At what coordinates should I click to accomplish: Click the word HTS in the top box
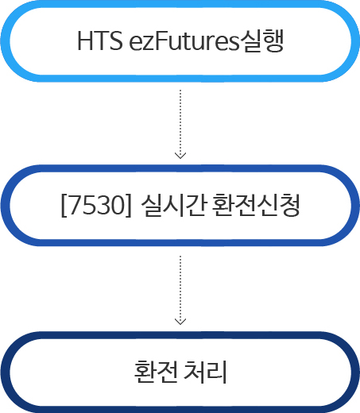click(100, 41)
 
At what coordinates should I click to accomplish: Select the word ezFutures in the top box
click(184, 41)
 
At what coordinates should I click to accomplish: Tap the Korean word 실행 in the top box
click(261, 41)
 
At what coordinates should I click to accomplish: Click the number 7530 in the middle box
click(96, 205)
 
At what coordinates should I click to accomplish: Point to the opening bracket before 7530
click(64, 206)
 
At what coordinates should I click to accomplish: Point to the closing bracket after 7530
click(128, 206)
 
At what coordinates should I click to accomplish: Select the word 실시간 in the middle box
click(173, 205)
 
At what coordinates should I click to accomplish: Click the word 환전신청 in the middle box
click(256, 205)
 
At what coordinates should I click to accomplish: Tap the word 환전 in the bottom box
click(156, 371)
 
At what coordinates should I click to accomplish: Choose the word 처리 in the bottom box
click(205, 371)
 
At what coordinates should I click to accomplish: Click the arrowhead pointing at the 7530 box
click(180, 156)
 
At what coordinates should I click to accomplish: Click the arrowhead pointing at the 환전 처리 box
click(180, 322)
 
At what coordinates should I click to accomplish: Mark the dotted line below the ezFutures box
click(180, 123)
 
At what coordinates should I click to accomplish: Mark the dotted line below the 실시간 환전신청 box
click(180, 289)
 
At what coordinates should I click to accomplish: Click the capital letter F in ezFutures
click(161, 41)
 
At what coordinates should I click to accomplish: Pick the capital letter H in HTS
click(85, 41)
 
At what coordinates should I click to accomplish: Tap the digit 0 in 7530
click(117, 205)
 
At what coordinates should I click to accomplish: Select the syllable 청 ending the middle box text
click(289, 205)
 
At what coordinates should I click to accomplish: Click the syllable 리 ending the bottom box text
click(216, 371)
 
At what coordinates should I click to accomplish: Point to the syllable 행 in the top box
click(273, 41)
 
